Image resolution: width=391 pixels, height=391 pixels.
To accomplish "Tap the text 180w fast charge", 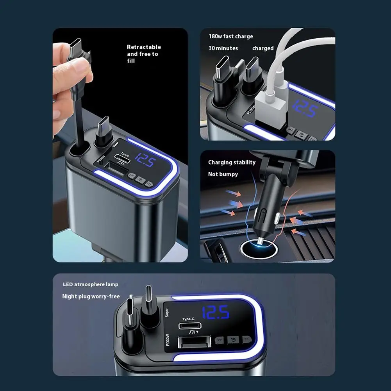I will tap(230, 36).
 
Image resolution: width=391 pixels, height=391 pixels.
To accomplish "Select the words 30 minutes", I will tap(223, 48).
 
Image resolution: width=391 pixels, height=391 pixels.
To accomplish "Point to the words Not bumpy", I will tap(223, 174).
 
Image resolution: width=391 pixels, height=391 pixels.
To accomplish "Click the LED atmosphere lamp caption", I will tap(91, 284).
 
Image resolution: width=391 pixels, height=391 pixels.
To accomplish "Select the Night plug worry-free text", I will tap(91, 296).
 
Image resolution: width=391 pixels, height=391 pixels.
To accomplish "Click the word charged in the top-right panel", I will tap(263, 48).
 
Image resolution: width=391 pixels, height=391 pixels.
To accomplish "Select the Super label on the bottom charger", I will tap(167, 312).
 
